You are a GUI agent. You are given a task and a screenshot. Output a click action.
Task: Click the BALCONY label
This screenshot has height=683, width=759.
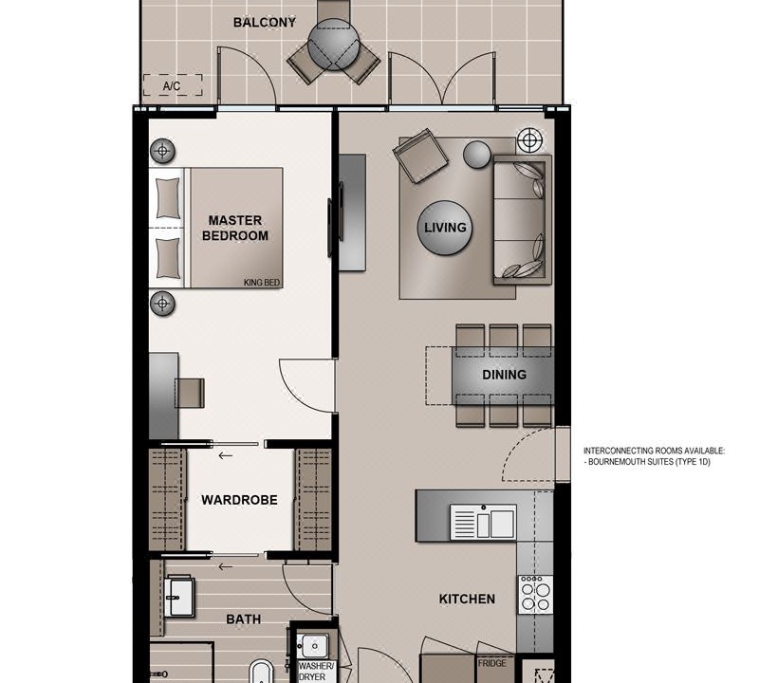pyautogui.click(x=265, y=22)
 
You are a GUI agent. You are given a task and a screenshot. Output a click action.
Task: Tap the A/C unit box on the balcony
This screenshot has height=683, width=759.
pyautogui.click(x=173, y=85)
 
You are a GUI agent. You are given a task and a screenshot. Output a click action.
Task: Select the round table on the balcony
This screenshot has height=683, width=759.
pyautogui.click(x=334, y=45)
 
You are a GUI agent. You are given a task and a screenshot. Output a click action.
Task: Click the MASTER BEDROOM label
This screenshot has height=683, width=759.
pyautogui.click(x=235, y=228)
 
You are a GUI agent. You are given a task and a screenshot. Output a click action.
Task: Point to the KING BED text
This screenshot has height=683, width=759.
pyautogui.click(x=262, y=283)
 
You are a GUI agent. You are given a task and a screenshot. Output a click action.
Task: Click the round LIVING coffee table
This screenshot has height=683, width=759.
pyautogui.click(x=445, y=228)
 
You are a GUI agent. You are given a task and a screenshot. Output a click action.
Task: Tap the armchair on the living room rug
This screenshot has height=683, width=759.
pyautogui.click(x=420, y=156)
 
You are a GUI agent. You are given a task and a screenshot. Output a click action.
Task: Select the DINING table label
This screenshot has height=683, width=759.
pyautogui.click(x=504, y=375)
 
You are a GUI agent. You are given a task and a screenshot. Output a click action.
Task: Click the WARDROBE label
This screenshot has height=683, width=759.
pyautogui.click(x=240, y=500)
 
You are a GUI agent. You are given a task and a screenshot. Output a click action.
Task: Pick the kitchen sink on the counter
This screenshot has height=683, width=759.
pyautogui.click(x=483, y=523)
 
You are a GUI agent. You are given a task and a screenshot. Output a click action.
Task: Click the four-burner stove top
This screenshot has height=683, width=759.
pyautogui.click(x=535, y=595)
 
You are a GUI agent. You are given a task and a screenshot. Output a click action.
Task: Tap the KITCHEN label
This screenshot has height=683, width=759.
pyautogui.click(x=467, y=600)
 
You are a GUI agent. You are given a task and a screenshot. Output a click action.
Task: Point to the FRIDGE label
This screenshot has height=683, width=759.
pyautogui.click(x=492, y=663)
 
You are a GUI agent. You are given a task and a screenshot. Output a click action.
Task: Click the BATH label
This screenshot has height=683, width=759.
pyautogui.click(x=244, y=619)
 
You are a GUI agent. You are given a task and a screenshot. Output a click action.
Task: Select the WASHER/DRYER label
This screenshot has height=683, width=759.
pyautogui.click(x=316, y=672)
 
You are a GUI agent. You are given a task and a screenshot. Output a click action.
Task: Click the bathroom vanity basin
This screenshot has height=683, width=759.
pyautogui.click(x=179, y=598)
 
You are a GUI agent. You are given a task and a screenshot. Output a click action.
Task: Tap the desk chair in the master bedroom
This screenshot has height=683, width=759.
pyautogui.click(x=190, y=393)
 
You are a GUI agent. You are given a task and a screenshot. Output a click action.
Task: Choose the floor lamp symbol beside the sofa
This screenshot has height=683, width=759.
pyautogui.click(x=530, y=140)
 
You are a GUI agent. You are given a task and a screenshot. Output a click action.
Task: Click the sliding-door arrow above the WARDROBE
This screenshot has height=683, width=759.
pyautogui.click(x=225, y=455)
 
